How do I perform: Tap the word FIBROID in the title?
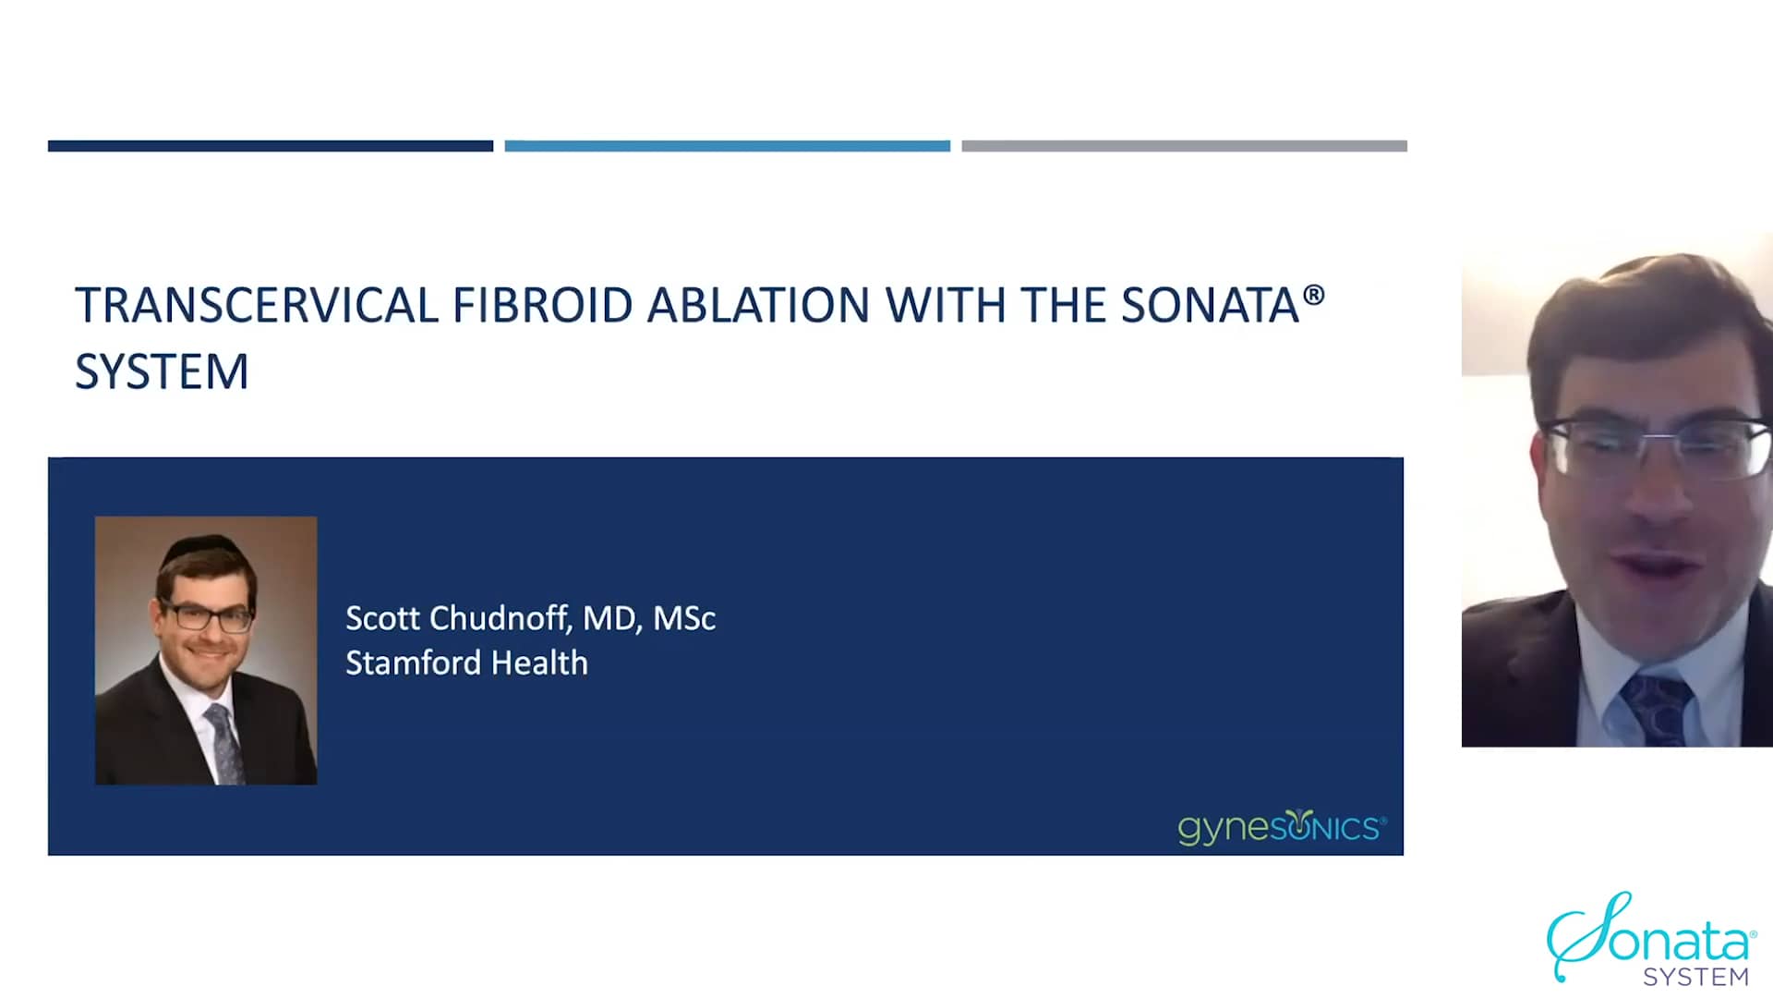tap(542, 306)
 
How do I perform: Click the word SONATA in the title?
tap(1210, 306)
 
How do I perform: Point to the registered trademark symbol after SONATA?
tap(1314, 296)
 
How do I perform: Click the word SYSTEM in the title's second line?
tap(162, 372)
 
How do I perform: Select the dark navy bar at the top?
tap(270, 146)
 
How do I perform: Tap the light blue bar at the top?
tap(727, 146)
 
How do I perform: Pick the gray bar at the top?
tap(1184, 146)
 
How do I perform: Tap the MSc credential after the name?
tap(684, 618)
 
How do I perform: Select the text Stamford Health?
tap(466, 663)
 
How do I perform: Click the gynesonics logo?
tap(1281, 827)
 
